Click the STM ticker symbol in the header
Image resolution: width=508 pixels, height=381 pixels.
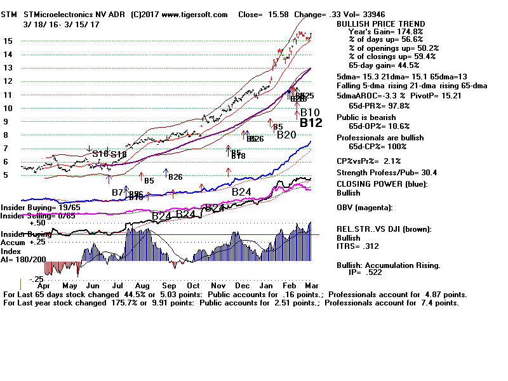[x=9, y=13]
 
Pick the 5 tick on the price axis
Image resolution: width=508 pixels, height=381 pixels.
[x=6, y=175]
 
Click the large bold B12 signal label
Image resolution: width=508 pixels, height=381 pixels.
[x=312, y=123]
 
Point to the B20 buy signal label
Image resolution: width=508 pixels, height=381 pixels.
[x=286, y=135]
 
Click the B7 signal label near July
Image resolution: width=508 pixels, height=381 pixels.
[x=117, y=192]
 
